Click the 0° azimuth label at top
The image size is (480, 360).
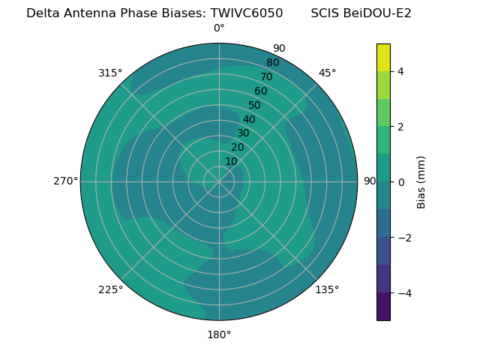(x=219, y=28)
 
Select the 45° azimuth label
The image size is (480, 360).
(x=327, y=73)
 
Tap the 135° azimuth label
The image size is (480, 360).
(x=327, y=289)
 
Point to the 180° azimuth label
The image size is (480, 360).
(x=219, y=334)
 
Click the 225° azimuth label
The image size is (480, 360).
(x=110, y=289)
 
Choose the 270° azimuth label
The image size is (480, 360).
(x=65, y=181)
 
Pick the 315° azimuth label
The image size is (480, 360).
(x=110, y=73)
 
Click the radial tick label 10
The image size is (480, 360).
(x=231, y=161)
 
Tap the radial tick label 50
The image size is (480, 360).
(x=255, y=105)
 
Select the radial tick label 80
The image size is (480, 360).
(x=272, y=63)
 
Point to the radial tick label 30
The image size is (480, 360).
(x=243, y=133)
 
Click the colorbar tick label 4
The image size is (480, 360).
(x=401, y=71)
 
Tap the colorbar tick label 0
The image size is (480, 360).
(x=401, y=182)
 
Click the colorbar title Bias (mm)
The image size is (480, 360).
(x=421, y=182)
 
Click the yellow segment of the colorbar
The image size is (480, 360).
(x=383, y=57)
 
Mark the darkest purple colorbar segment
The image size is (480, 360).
(x=383, y=307)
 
